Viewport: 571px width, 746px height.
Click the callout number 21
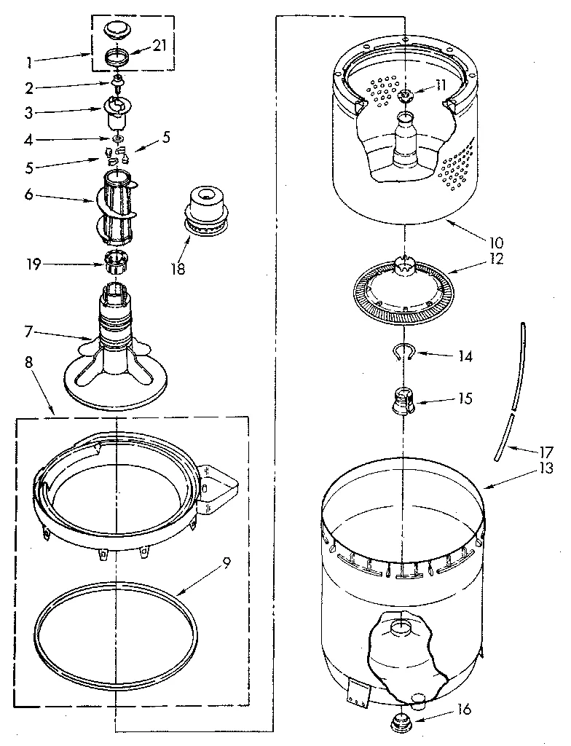coord(160,47)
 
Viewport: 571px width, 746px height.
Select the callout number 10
coord(497,241)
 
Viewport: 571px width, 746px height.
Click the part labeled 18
coord(205,207)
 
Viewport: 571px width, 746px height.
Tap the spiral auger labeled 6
coord(116,204)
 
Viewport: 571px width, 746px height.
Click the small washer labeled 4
coord(116,138)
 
